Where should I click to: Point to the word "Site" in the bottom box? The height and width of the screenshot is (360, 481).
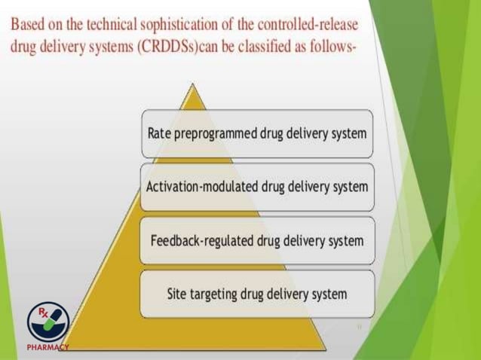tap(178, 294)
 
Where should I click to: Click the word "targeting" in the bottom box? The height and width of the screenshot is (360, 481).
tap(216, 294)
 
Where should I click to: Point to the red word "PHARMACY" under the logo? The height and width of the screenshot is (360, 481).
tap(47, 348)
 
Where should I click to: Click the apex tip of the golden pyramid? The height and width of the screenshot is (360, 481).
tap(194, 86)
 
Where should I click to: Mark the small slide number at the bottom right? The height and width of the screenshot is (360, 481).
tap(358, 327)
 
